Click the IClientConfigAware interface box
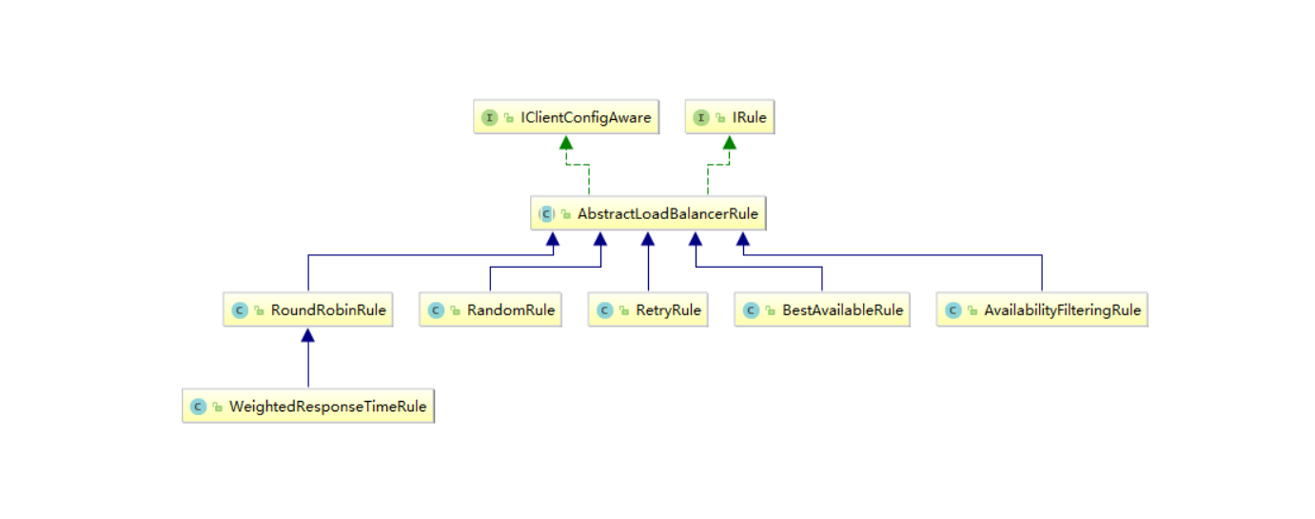(566, 117)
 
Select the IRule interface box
(730, 117)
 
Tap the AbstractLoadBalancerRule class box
(648, 213)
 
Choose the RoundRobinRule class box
(308, 309)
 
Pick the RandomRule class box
(490, 309)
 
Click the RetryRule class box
(648, 309)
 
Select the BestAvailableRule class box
(822, 309)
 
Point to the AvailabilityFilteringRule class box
(1042, 309)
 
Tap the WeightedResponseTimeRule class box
(308, 406)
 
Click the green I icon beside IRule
(701, 117)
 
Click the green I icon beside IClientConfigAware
(490, 117)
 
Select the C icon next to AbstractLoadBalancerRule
(546, 214)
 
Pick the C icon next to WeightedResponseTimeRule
(199, 407)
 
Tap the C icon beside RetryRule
(604, 310)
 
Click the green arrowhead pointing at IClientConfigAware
(566, 142)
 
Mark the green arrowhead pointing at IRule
(730, 142)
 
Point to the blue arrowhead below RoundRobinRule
(308, 335)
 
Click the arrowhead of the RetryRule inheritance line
(648, 239)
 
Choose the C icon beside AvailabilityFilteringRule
(952, 310)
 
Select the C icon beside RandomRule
(436, 310)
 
